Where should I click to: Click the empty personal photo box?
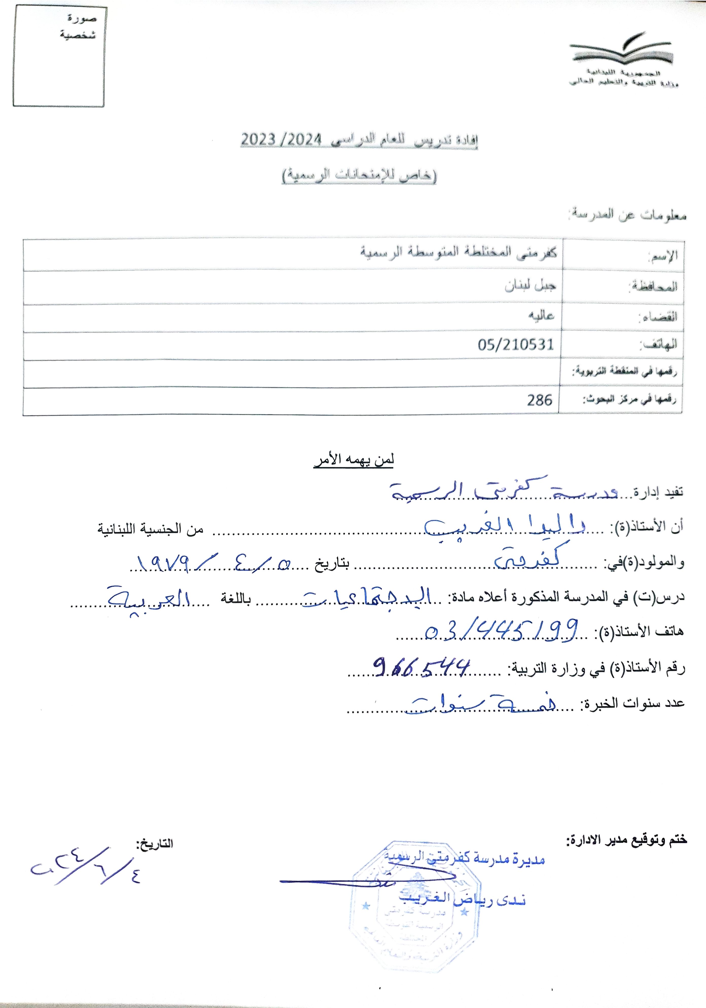click(x=59, y=57)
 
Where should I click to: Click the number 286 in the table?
click(x=539, y=400)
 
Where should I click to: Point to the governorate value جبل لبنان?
click(x=530, y=286)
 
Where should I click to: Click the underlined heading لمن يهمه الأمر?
click(x=354, y=460)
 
